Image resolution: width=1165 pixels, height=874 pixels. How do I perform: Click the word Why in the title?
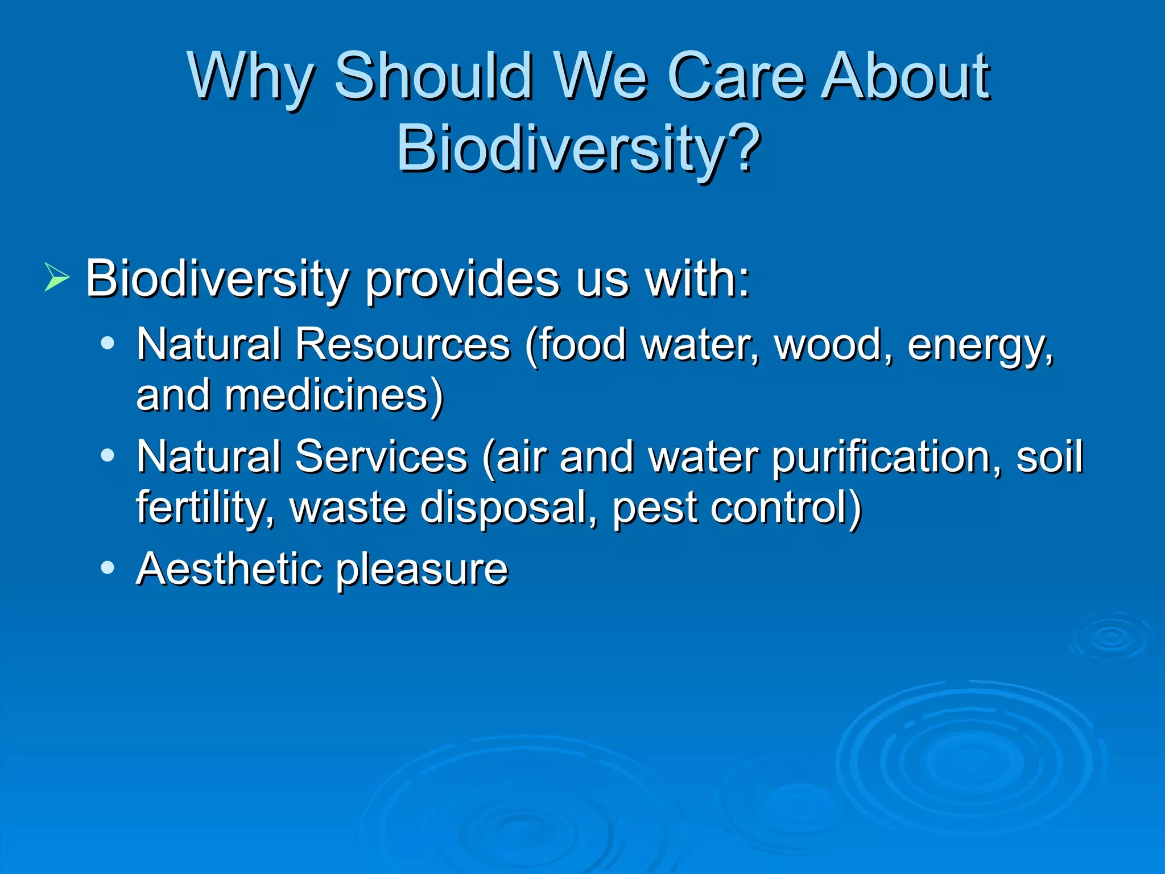click(250, 77)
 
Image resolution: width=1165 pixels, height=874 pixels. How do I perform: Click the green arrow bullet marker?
click(56, 279)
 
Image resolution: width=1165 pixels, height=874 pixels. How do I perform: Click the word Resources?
click(403, 344)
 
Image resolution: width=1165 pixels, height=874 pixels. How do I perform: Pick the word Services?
click(381, 456)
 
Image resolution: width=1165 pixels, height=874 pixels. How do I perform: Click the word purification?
click(885, 457)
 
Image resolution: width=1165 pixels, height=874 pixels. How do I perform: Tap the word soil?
click(1049, 456)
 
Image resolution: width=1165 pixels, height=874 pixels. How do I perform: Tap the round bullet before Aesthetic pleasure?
click(108, 568)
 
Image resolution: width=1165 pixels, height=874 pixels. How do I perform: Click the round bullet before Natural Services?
click(108, 456)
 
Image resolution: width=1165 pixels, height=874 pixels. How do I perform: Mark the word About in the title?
click(907, 77)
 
